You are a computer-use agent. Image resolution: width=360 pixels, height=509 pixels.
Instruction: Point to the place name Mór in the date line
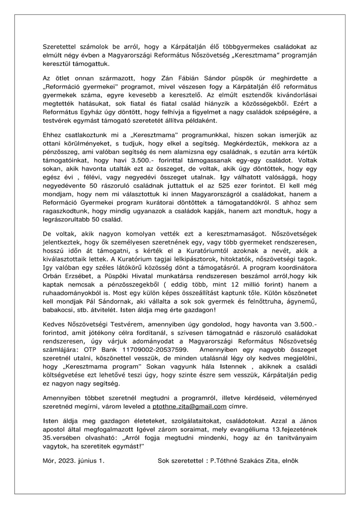[x=49, y=462]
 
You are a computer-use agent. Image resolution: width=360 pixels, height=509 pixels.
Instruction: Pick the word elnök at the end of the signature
[x=288, y=462]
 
